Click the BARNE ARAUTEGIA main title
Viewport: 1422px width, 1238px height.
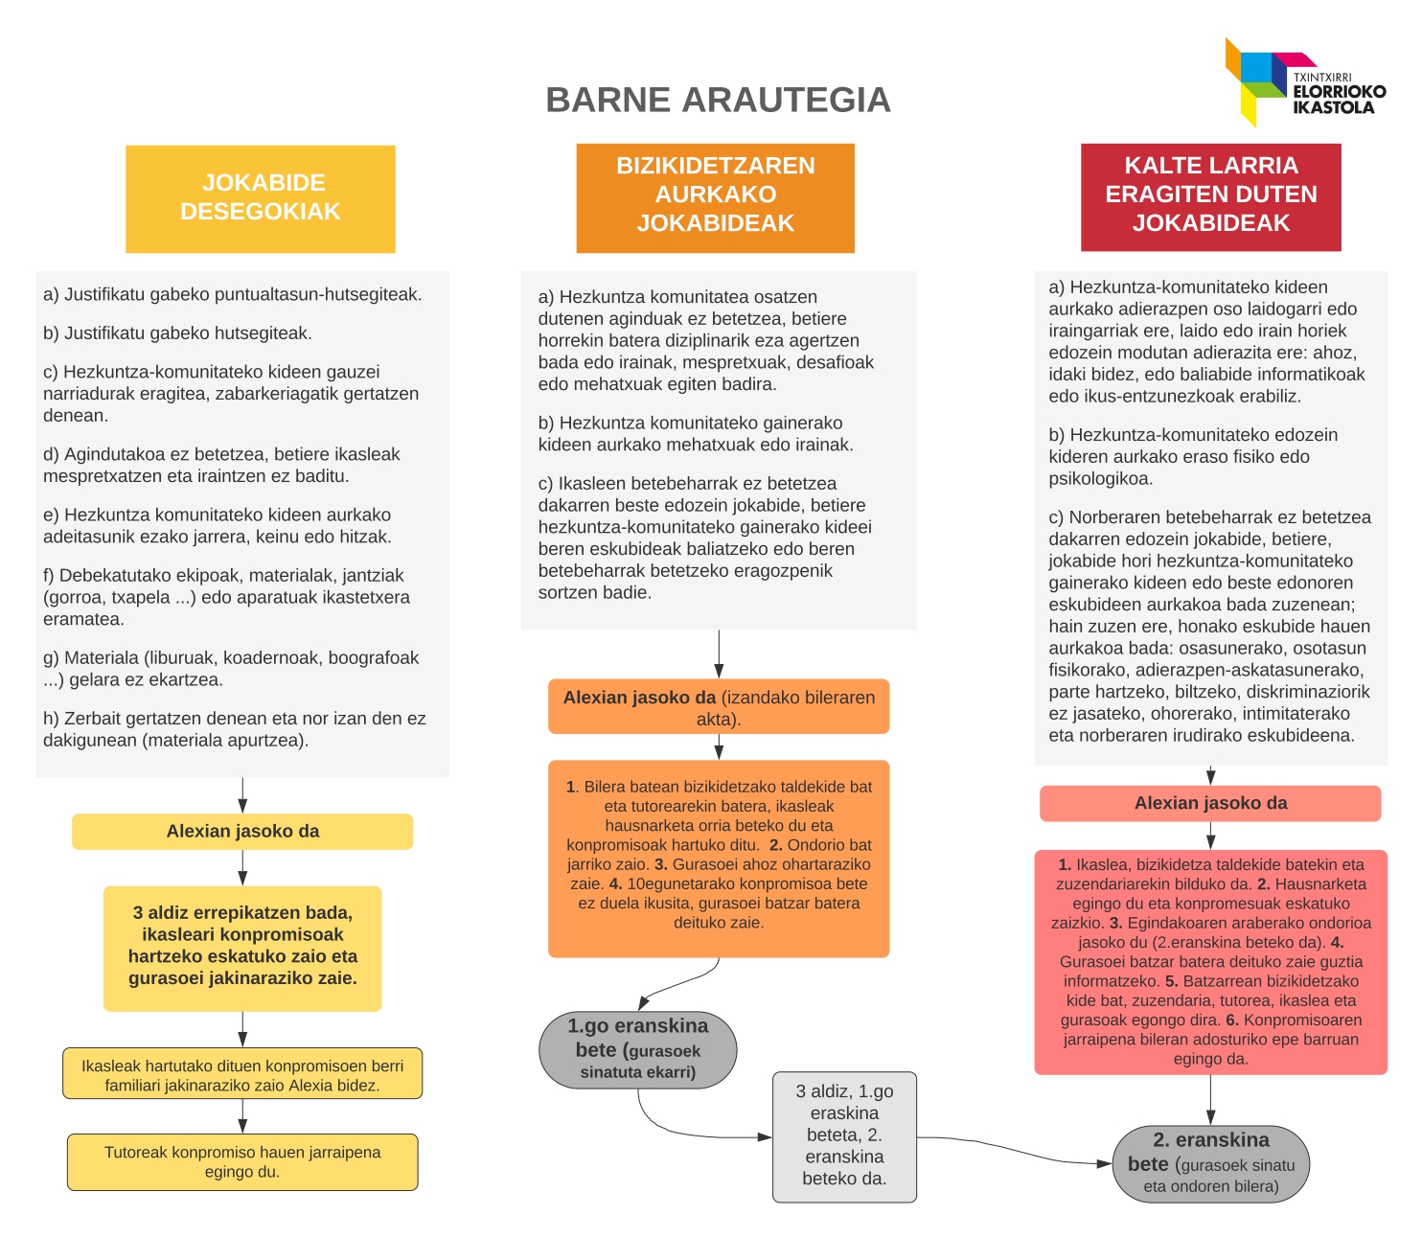pos(718,100)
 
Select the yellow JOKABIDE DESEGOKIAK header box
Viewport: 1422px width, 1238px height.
pos(260,198)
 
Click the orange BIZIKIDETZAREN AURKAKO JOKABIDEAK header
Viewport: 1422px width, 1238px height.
pos(715,197)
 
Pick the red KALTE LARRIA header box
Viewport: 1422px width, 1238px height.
pos(1210,197)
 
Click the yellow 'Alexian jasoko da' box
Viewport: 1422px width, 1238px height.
pos(242,832)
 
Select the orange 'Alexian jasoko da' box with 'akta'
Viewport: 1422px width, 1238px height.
pos(719,707)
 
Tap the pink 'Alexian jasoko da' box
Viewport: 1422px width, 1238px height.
pos(1210,804)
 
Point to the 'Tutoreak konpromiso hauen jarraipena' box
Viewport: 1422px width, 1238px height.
pos(242,1162)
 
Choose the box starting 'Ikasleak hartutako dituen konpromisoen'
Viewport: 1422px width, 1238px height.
pos(242,1074)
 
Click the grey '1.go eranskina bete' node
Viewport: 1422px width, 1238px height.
pos(638,1049)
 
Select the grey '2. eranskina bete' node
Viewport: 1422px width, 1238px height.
pos(1210,1163)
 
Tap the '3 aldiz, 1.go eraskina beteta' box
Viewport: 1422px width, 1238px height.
pos(844,1136)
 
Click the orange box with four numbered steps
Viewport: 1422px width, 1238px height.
pos(719,858)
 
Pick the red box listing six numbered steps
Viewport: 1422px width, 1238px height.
pos(1210,961)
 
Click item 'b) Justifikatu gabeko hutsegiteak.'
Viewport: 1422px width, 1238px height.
pos(177,333)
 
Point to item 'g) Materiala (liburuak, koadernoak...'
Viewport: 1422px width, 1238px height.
pos(230,669)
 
